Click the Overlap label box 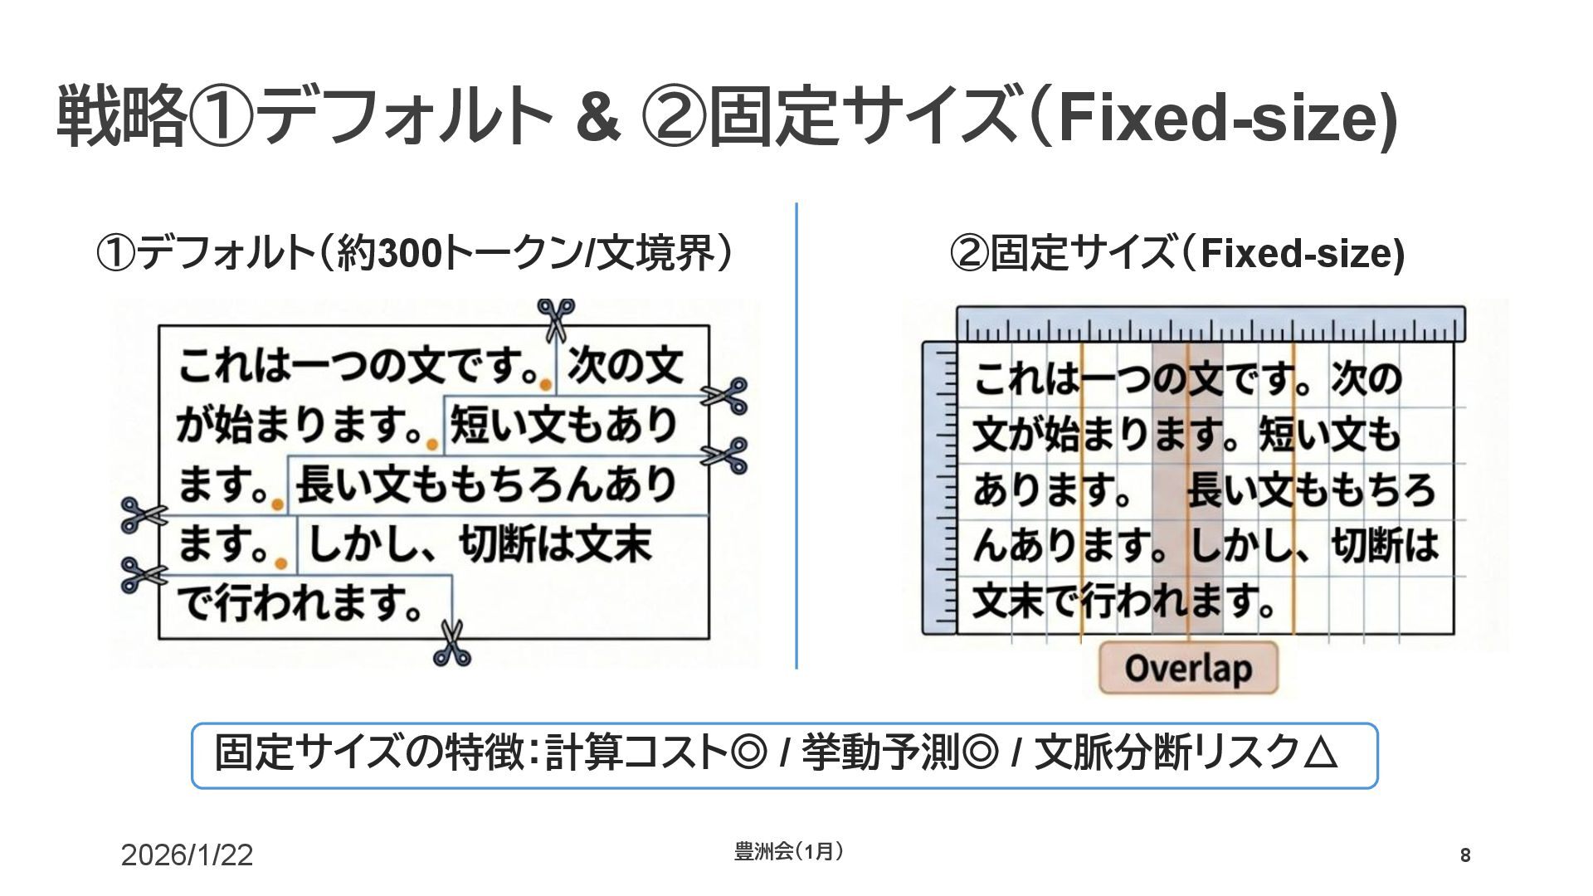click(1187, 668)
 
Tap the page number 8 click(1465, 855)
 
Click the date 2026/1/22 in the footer click(187, 855)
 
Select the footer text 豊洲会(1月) click(789, 851)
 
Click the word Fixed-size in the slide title click(1215, 118)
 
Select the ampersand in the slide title click(597, 118)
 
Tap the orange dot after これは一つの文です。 click(544, 384)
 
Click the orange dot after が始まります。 click(431, 445)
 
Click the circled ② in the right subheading click(968, 254)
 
